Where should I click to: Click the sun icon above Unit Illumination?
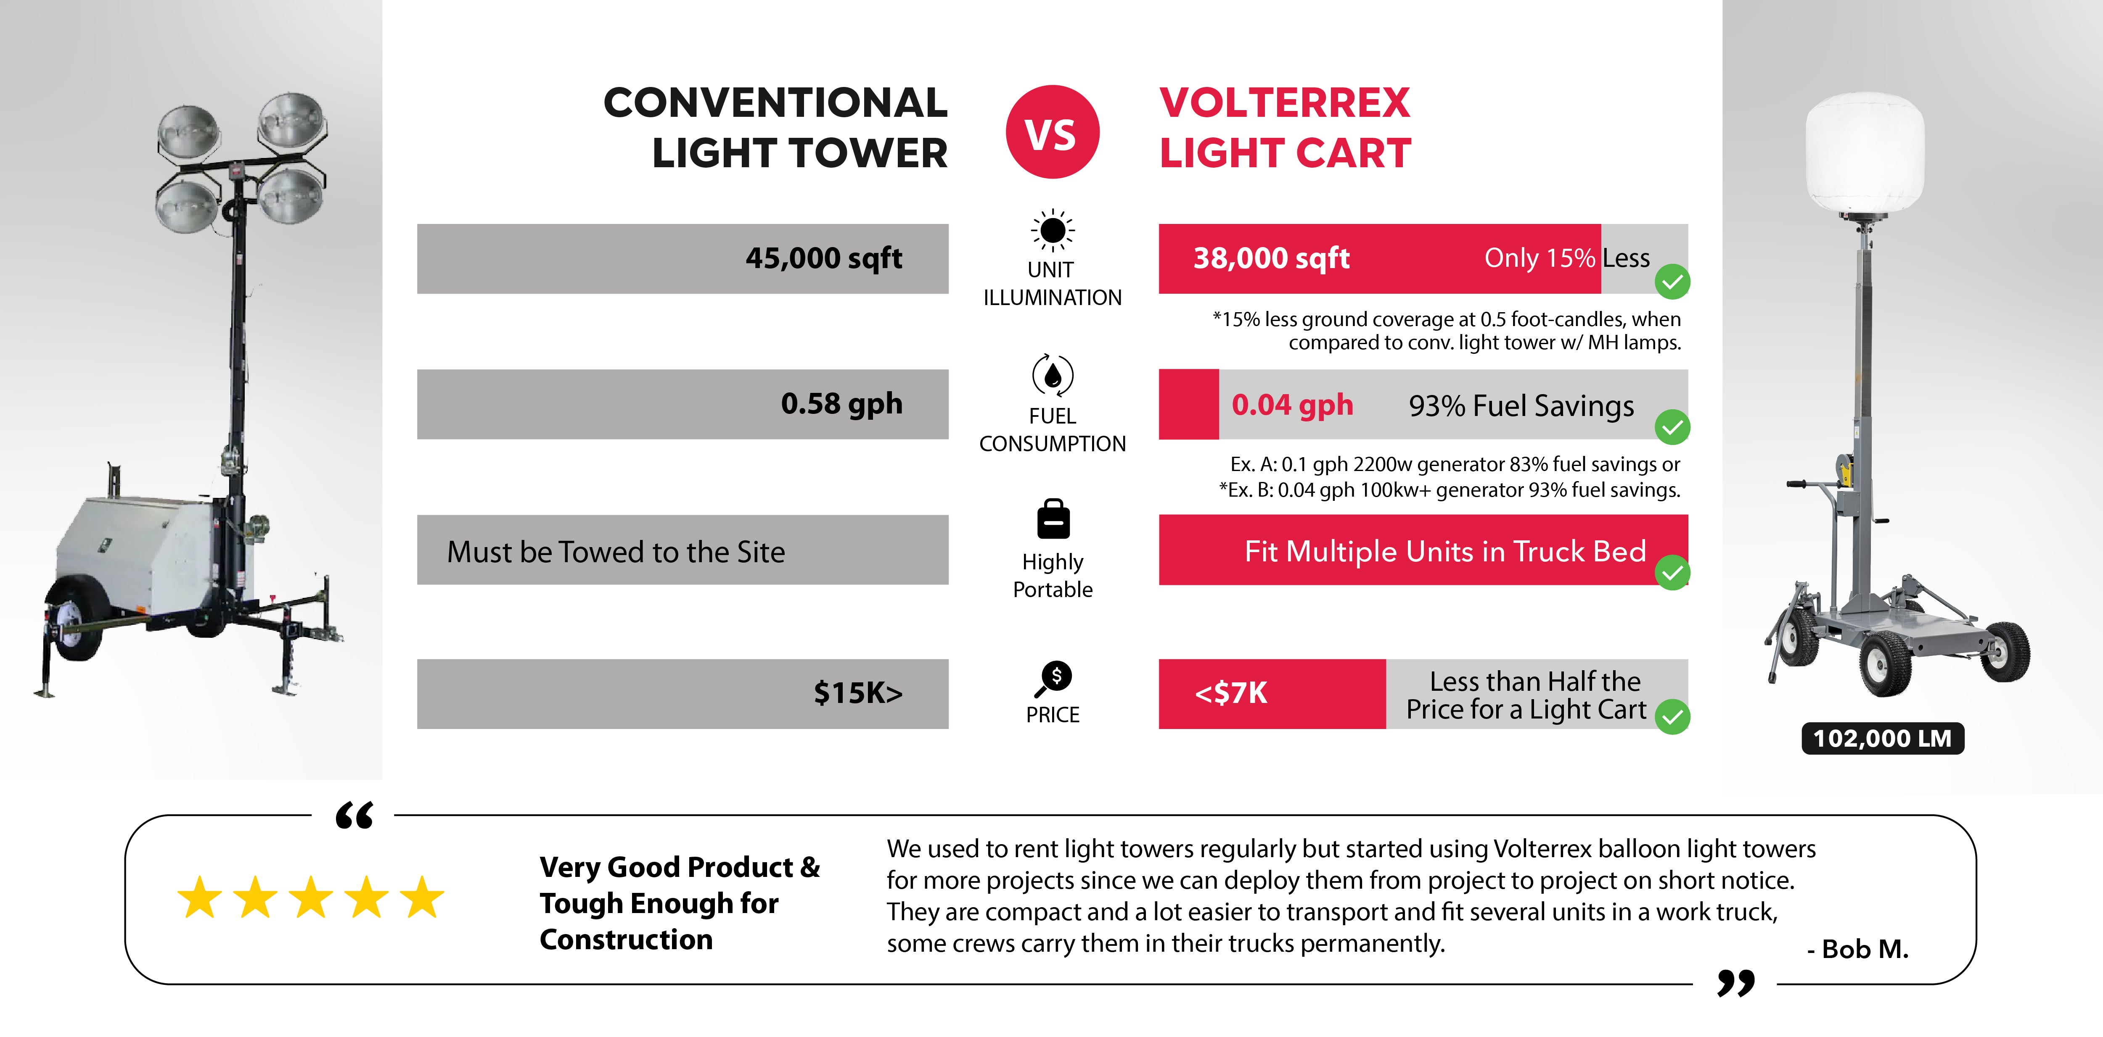click(1052, 230)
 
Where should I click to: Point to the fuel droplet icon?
click(1052, 375)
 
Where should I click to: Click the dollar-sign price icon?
click(1055, 677)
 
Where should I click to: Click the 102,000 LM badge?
click(1882, 738)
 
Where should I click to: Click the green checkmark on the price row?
click(1672, 717)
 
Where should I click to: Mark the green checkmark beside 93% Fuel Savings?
click(1672, 427)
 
